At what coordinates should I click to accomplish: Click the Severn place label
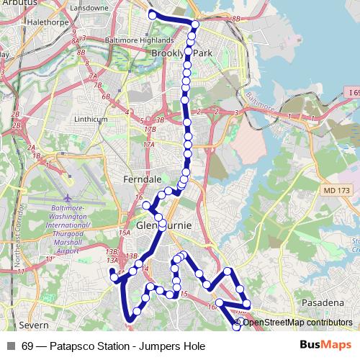coord(32,324)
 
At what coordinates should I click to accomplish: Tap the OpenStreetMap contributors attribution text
coord(297,322)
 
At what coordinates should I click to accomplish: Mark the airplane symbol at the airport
coord(68,197)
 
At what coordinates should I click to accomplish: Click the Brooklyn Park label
coord(182,53)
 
